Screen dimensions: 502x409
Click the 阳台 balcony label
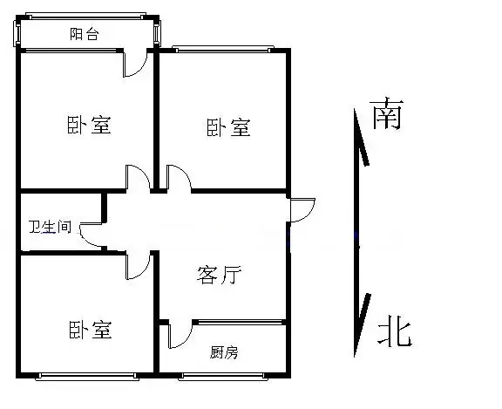tap(85, 34)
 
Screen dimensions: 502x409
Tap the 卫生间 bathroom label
tap(50, 227)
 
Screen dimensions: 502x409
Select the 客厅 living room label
tap(220, 275)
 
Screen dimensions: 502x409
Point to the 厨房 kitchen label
tap(224, 352)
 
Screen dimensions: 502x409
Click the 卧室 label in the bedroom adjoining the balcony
tap(89, 125)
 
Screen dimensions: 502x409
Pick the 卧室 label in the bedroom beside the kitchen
tap(91, 330)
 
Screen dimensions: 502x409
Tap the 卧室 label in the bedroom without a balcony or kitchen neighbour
tap(228, 127)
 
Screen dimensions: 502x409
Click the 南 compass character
tap(387, 113)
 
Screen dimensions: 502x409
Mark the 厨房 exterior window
tap(223, 377)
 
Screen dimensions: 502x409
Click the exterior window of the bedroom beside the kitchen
tap(87, 377)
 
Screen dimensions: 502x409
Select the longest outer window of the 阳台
tap(85, 16)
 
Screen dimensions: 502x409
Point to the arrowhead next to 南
tap(361, 137)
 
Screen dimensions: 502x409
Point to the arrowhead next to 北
tap(362, 325)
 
